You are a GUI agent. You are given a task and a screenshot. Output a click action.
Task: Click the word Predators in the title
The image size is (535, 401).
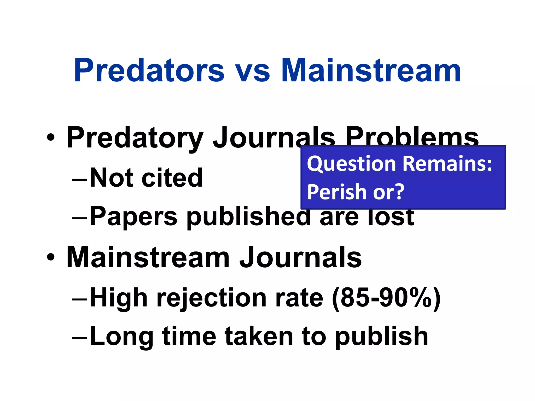pyautogui.click(x=149, y=70)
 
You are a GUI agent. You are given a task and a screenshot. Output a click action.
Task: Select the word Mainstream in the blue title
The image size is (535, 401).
pyautogui.click(x=371, y=70)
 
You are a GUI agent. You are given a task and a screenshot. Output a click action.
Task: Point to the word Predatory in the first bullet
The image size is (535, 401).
pyautogui.click(x=135, y=138)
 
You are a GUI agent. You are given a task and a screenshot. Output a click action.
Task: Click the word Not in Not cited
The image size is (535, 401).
pyautogui.click(x=111, y=178)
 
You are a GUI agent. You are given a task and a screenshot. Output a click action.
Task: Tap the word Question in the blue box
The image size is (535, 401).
pyautogui.click(x=352, y=164)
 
